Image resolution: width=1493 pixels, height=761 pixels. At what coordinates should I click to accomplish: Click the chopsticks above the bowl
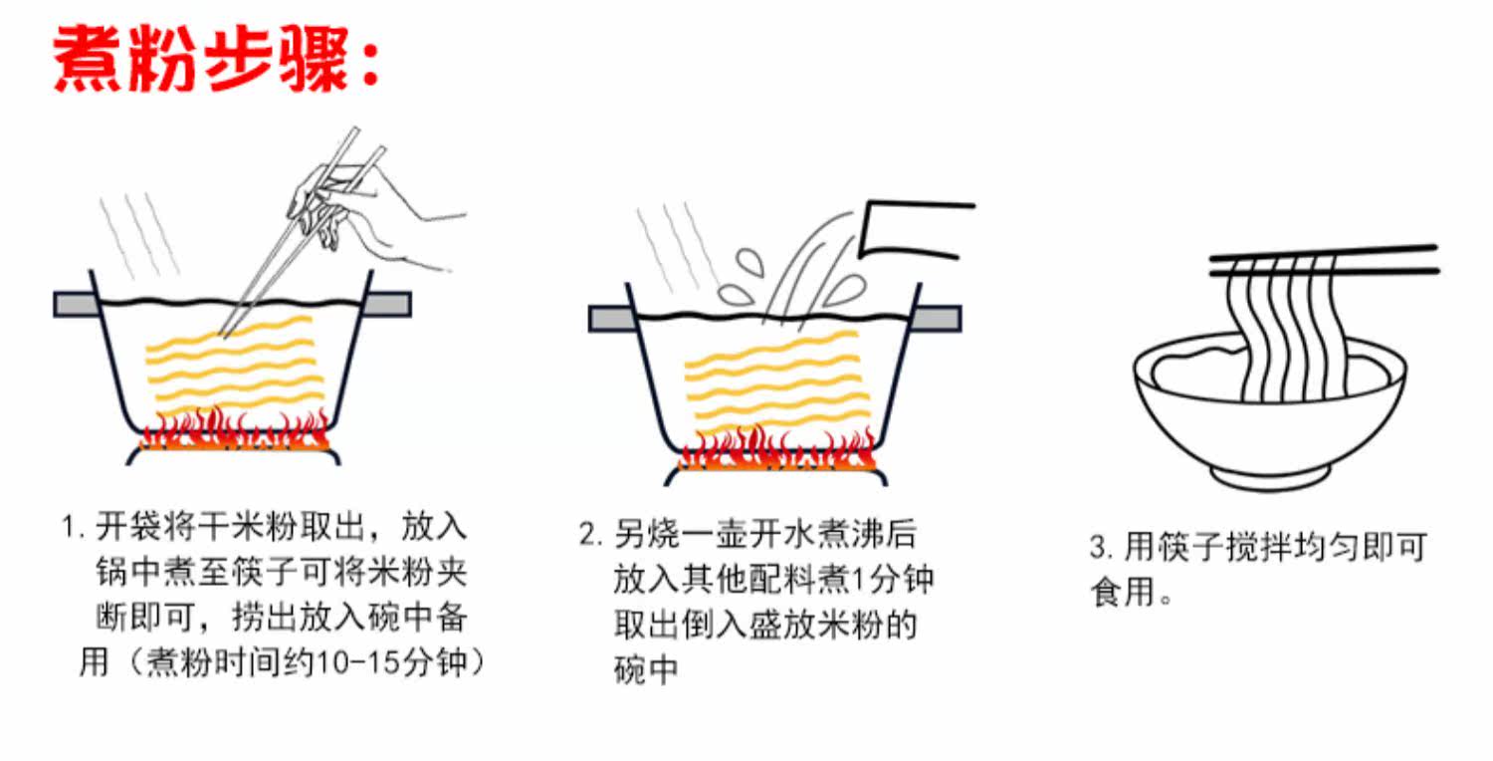tap(1324, 261)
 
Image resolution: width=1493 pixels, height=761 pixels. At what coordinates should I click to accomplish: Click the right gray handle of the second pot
tap(938, 319)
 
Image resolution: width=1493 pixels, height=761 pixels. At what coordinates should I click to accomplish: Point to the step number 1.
tap(70, 527)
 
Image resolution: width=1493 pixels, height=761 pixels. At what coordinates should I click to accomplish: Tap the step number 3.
tap(1099, 548)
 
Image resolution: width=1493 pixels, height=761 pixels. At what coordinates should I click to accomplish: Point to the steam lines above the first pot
tap(139, 234)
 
